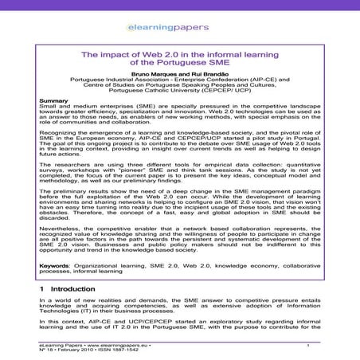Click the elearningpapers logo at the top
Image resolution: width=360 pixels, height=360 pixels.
179,27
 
